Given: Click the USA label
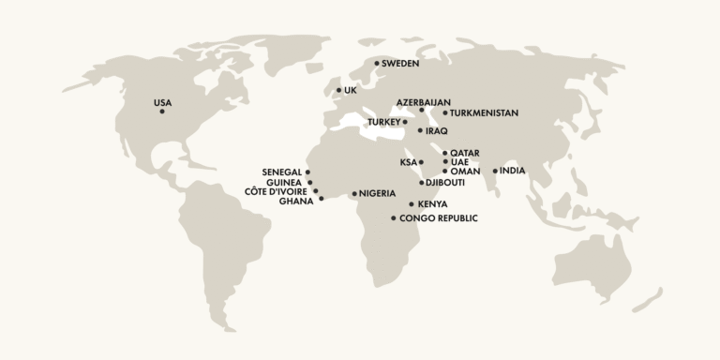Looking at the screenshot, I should tap(162, 102).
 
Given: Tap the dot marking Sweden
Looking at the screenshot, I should tap(377, 64).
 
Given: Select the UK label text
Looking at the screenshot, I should tap(352, 91).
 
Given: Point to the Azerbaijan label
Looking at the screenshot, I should tap(424, 101).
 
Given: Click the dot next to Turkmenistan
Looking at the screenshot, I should tap(445, 113).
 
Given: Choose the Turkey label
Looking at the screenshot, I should tap(383, 122).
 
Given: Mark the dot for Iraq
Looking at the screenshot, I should tap(420, 131).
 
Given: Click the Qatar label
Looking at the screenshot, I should tap(466, 152).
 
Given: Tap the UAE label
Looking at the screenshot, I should tap(459, 162).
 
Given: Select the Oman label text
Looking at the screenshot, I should tap(466, 172).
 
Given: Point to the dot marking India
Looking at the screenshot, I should tap(495, 171).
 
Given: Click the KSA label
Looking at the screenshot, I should tap(408, 162).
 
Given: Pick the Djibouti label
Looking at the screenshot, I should tap(445, 183).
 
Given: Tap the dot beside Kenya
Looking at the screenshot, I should tap(412, 204).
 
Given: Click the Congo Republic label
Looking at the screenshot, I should tap(439, 218).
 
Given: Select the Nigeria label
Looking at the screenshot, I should tap(377, 193).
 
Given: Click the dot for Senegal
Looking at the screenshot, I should tap(307, 172).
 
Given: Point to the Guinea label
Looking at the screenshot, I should tap(284, 183).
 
